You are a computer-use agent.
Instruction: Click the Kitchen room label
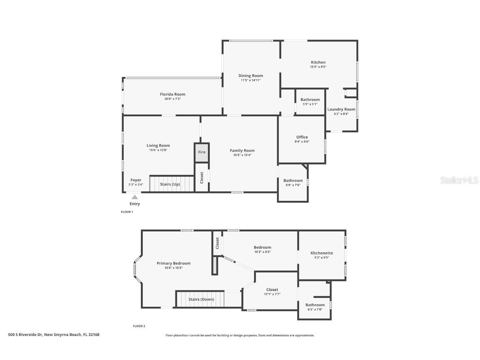pos(318,62)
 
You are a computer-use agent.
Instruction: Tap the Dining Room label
pos(250,76)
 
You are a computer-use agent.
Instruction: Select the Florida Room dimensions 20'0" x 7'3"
pos(172,99)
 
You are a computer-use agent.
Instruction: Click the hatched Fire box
pos(202,152)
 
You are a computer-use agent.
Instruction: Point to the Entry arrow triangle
pos(135,197)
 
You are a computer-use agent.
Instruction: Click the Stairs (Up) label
pos(170,183)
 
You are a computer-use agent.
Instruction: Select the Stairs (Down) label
pos(201,299)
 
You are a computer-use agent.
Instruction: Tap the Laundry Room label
pos(341,110)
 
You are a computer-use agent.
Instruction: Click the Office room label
pos(302,137)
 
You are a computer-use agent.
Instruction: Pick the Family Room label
pos(242,150)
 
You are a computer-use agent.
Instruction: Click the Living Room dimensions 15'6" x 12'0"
pos(158,150)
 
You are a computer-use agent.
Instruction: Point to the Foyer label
pos(136,180)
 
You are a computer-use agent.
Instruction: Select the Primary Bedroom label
pos(173,263)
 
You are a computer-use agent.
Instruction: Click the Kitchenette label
pos(322,253)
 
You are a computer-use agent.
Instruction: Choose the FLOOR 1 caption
pos(127,212)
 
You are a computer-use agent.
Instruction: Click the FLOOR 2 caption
pos(139,326)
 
